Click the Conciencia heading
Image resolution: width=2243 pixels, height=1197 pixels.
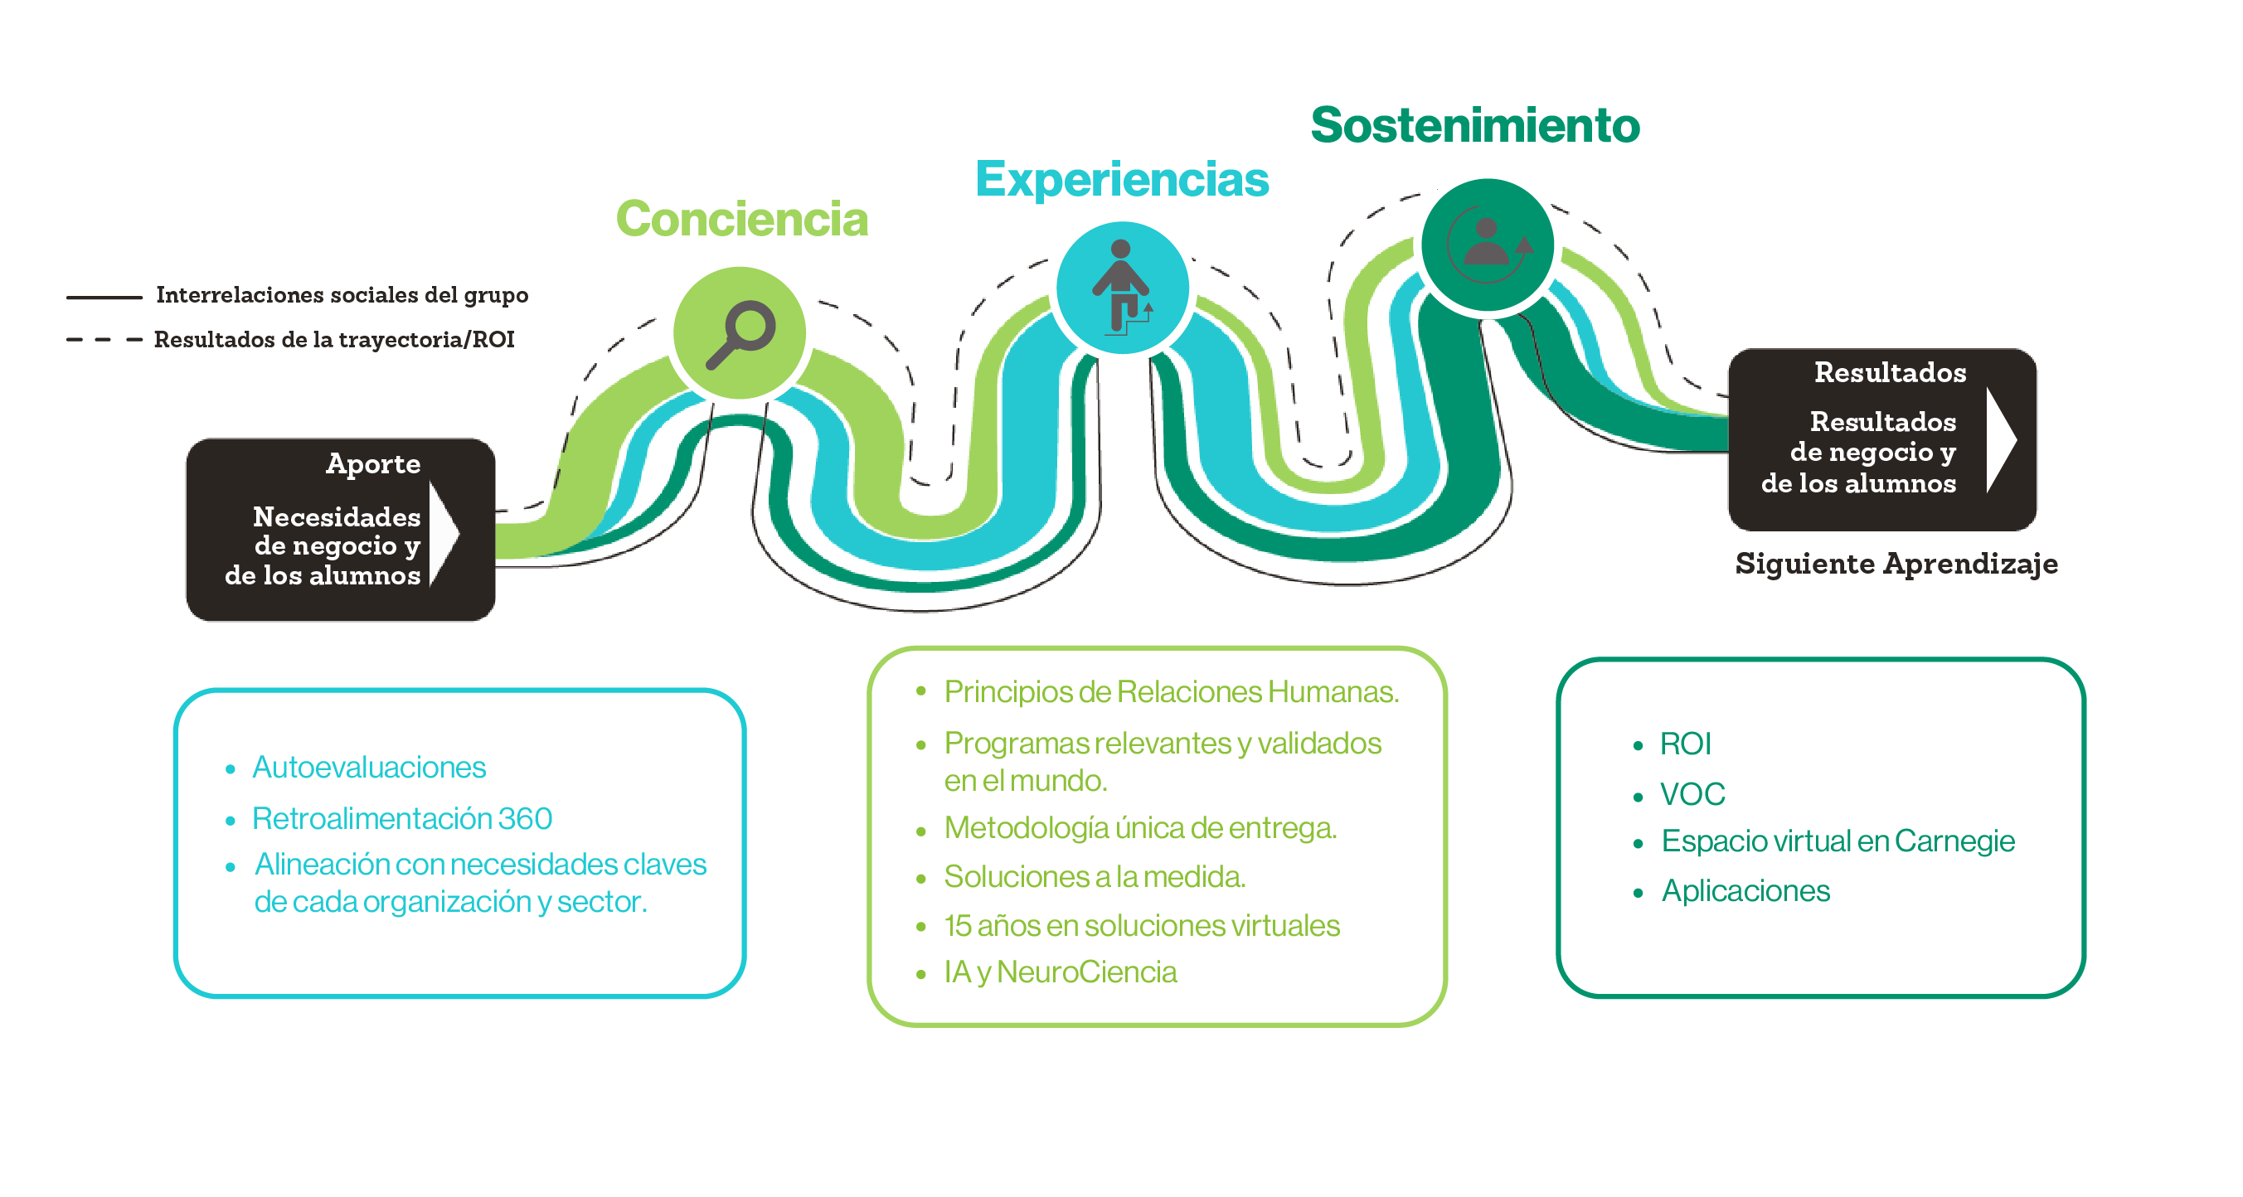click(x=741, y=220)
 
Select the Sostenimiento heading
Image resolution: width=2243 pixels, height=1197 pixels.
click(x=1475, y=125)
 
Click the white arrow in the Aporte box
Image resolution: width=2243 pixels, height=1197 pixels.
click(x=444, y=533)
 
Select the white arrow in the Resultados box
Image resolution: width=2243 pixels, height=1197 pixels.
click(x=2001, y=439)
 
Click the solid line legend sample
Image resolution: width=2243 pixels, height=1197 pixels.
click(x=104, y=298)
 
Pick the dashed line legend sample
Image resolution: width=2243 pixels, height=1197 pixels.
click(x=104, y=340)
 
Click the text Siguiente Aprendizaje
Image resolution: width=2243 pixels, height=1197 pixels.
click(x=1896, y=565)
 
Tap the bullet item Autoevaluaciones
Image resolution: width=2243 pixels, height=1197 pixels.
click(x=368, y=768)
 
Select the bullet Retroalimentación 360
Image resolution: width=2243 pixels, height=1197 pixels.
click(x=401, y=819)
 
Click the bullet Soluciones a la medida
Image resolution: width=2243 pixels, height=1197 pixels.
click(x=1095, y=877)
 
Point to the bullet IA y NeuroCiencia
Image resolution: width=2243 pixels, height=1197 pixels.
click(x=1060, y=972)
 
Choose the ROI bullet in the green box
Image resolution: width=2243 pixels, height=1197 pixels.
click(x=1685, y=744)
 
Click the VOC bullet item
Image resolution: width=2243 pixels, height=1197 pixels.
click(x=1692, y=795)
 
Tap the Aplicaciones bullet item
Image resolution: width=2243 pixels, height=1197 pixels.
click(x=1745, y=891)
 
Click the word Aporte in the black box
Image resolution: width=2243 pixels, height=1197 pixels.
click(x=372, y=464)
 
